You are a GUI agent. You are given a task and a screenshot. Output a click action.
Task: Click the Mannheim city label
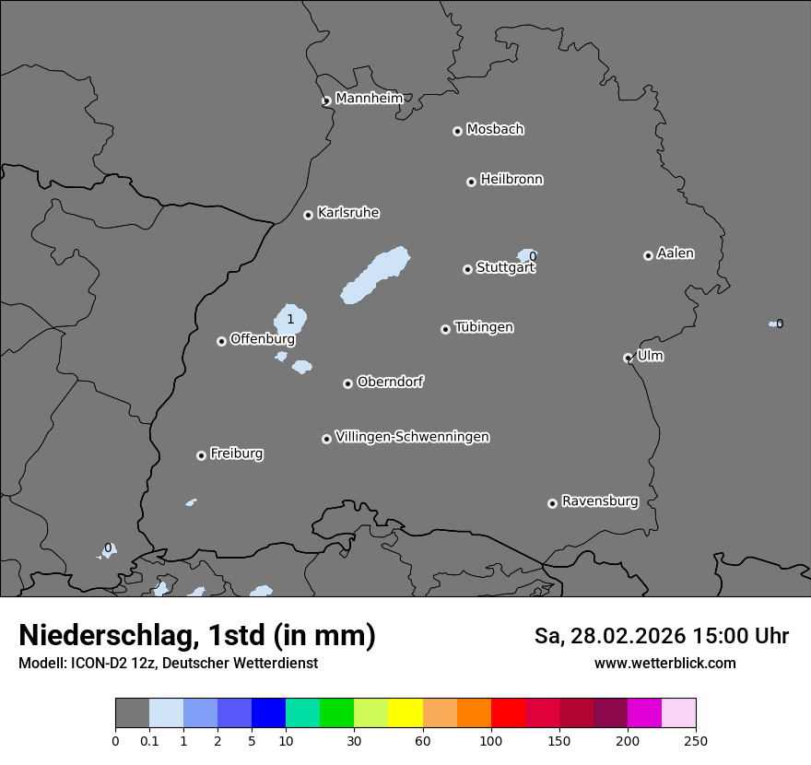pos(369,99)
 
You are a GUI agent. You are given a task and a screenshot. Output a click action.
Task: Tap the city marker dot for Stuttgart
pos(467,269)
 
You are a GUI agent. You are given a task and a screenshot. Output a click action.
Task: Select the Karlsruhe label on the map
pos(348,213)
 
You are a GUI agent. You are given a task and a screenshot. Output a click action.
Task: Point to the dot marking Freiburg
pos(201,455)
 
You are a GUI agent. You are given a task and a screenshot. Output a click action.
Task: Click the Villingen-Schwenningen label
pos(412,437)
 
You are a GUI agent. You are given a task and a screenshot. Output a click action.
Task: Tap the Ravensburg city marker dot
pos(552,503)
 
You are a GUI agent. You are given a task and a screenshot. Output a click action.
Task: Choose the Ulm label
pos(650,356)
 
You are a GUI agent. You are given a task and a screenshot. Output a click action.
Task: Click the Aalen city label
pos(676,253)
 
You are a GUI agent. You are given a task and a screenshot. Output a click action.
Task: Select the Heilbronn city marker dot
pos(471,182)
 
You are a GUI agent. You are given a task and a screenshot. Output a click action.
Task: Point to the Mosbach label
pos(495,130)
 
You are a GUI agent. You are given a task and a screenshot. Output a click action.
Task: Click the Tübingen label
pos(484,327)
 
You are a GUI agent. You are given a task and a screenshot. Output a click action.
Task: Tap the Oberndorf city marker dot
pos(347,383)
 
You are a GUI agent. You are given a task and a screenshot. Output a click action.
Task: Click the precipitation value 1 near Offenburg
pos(290,320)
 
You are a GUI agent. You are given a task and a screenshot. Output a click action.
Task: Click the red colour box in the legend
pos(508,713)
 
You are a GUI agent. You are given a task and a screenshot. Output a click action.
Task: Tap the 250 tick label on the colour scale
pos(695,740)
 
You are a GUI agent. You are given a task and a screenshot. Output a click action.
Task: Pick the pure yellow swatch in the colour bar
pos(405,713)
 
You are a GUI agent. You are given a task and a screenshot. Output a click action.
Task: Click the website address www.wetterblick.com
pos(664,664)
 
